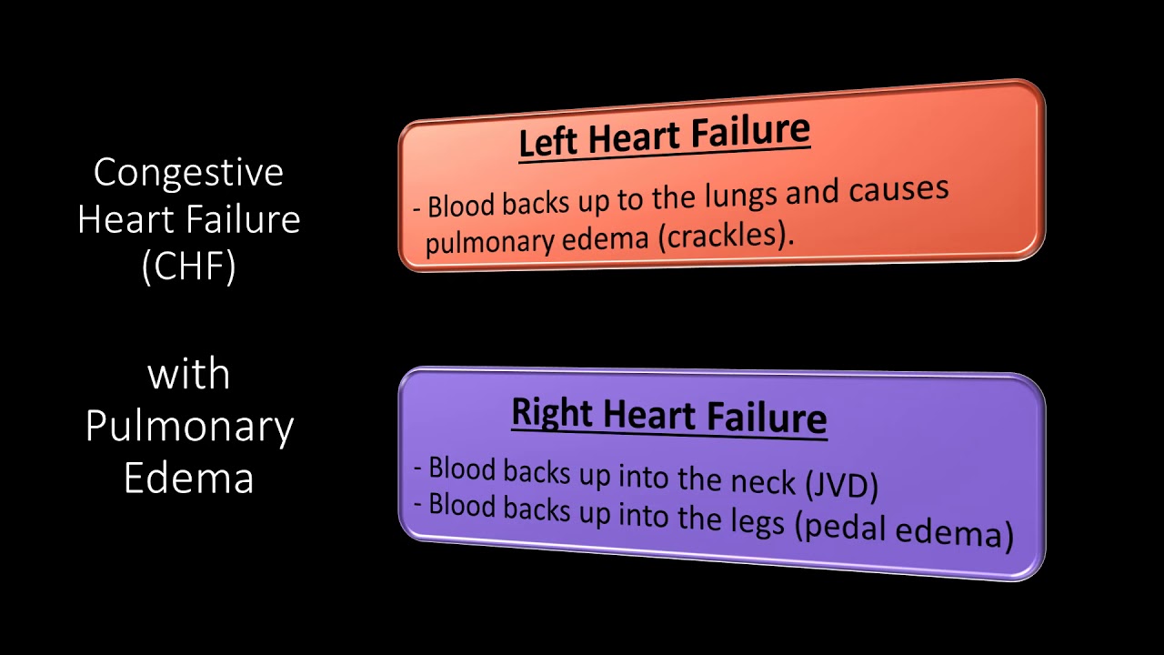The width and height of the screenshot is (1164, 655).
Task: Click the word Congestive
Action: pos(188,173)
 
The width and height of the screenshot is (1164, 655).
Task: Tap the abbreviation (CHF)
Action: pos(188,267)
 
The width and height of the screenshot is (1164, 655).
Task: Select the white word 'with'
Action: pos(188,374)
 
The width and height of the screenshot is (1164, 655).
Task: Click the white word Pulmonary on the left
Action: pos(189,428)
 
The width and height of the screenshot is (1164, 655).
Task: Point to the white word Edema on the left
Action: pos(188,479)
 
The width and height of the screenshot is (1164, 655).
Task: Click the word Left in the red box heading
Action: pos(550,143)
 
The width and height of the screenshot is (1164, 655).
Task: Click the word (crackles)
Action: pos(726,236)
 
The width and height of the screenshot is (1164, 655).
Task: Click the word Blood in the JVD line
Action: pos(462,469)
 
